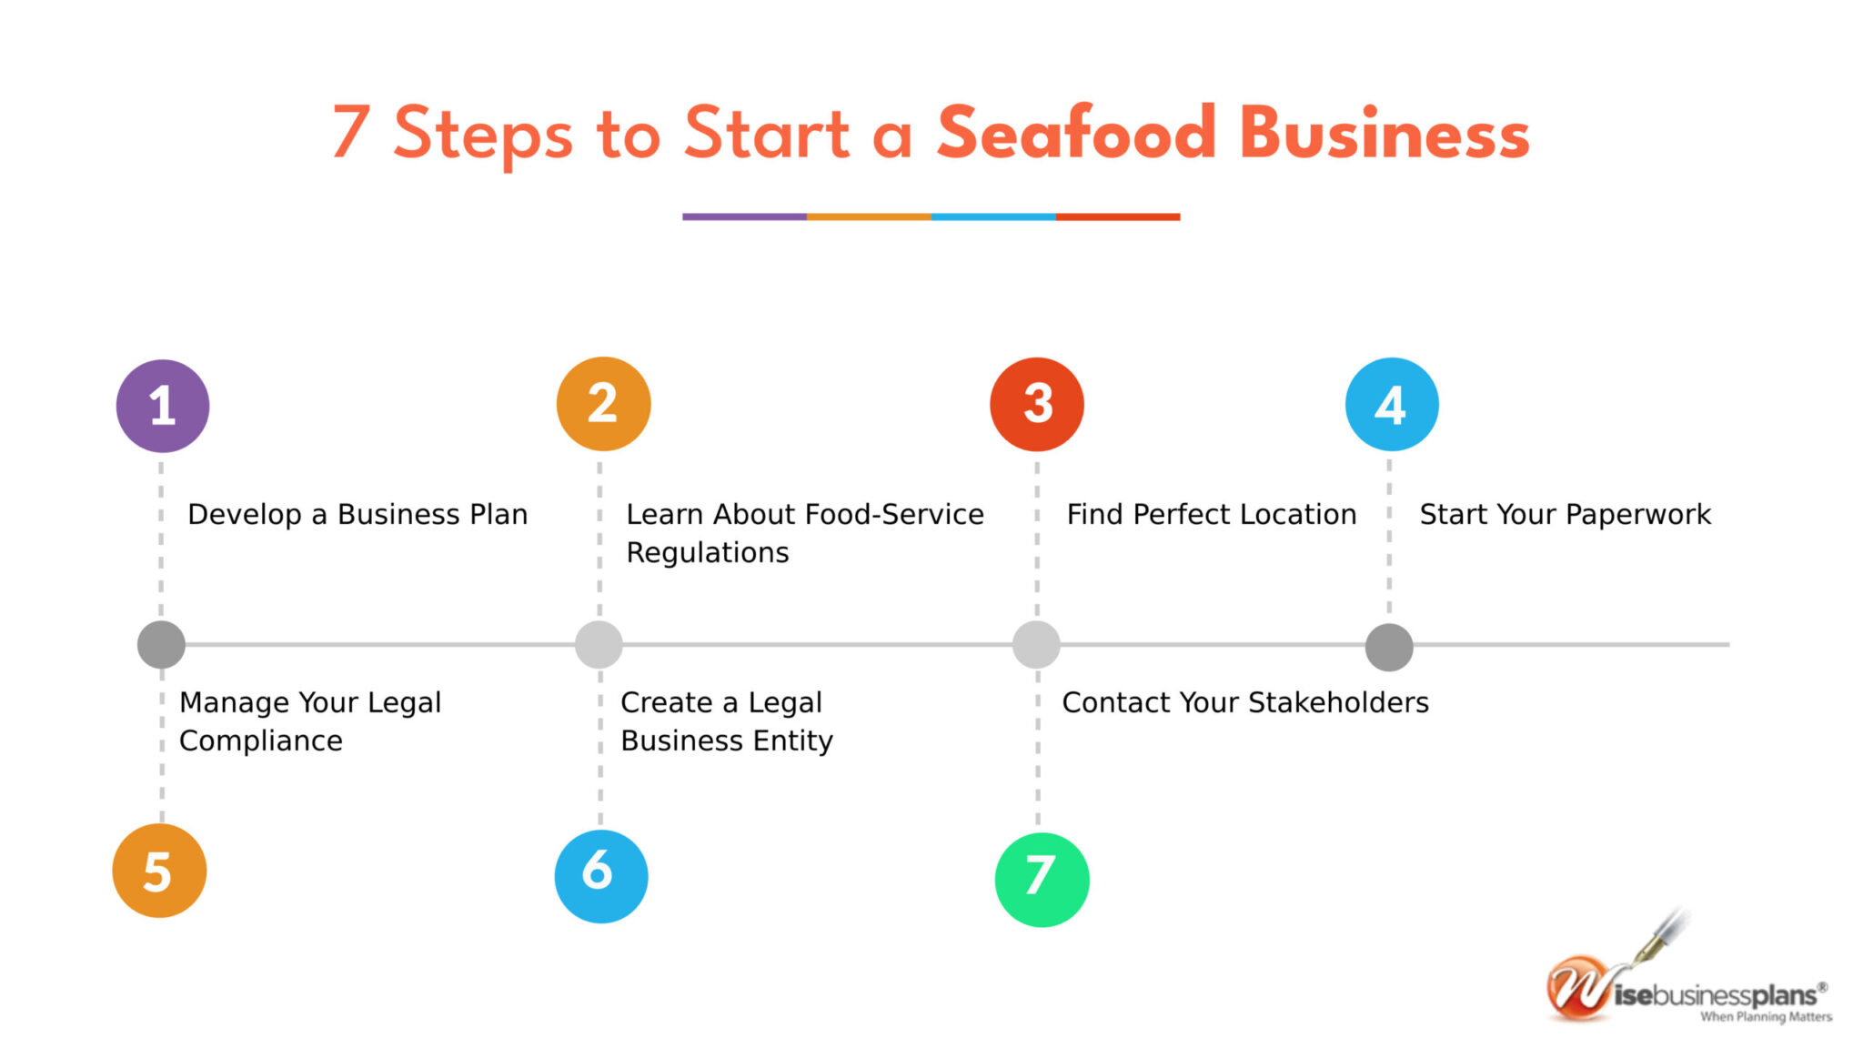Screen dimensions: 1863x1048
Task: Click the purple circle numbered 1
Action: (163, 406)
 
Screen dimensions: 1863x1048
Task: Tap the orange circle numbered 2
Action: (603, 404)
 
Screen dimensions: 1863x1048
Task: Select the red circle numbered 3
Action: (1037, 404)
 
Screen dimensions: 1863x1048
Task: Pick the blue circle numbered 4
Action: (1392, 404)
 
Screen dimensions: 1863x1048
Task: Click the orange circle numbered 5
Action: (159, 871)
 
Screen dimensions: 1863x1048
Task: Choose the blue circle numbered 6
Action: (601, 876)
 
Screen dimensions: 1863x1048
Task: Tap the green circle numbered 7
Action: (1042, 880)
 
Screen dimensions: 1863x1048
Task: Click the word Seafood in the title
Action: (1076, 133)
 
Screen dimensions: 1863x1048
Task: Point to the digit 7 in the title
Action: (351, 132)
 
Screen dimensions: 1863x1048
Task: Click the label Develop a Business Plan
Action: (357, 514)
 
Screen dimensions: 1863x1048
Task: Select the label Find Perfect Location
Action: (1212, 514)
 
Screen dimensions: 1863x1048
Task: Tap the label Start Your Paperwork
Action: (1566, 514)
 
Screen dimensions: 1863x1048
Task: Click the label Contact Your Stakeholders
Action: (1245, 702)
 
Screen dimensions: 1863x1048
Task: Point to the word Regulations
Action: (708, 553)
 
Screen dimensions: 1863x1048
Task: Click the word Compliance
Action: (261, 741)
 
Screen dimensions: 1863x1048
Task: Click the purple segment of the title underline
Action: (744, 217)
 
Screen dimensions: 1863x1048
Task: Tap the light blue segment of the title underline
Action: (993, 217)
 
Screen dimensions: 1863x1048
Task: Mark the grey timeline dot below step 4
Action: (1389, 648)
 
